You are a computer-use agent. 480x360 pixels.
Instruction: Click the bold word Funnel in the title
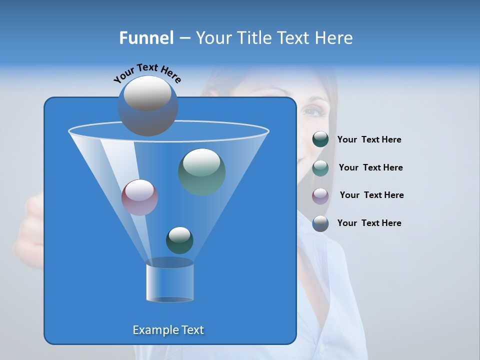click(x=146, y=38)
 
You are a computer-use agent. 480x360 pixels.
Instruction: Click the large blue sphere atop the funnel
click(x=147, y=105)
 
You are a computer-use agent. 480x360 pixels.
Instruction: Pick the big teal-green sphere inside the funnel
click(x=202, y=172)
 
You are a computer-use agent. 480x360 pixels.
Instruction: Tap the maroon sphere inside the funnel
click(x=139, y=197)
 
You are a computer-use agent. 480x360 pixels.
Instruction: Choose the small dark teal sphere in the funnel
click(x=179, y=240)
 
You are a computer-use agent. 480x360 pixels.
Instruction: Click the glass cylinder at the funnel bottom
click(x=169, y=282)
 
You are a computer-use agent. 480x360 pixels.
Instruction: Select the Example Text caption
click(x=168, y=330)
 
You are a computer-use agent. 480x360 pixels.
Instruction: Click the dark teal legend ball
click(x=320, y=139)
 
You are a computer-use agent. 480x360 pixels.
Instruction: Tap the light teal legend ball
click(x=320, y=167)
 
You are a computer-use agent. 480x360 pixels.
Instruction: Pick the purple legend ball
click(x=320, y=195)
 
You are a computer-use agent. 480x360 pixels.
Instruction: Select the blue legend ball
click(x=320, y=223)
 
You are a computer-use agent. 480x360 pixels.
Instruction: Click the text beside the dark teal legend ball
click(x=369, y=140)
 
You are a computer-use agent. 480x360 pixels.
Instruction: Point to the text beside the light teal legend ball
click(x=370, y=167)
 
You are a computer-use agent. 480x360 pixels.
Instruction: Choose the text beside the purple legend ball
click(x=371, y=195)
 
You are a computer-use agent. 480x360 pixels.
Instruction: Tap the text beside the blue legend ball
click(x=369, y=223)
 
